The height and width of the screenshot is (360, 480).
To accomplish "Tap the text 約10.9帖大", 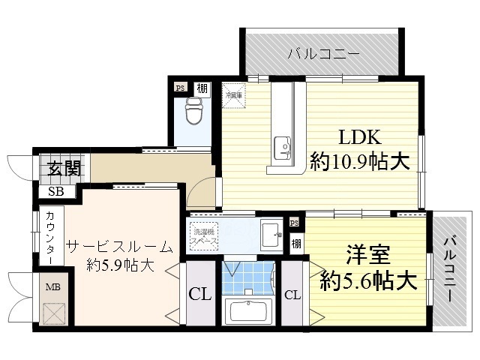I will click(x=360, y=160).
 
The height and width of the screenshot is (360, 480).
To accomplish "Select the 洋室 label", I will click(x=368, y=256).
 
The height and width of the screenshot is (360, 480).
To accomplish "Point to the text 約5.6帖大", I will click(x=367, y=281).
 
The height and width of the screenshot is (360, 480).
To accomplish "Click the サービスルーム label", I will click(x=119, y=247).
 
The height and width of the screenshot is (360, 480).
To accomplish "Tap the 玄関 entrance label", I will click(x=57, y=169).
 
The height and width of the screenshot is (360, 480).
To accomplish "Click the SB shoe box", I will click(x=56, y=192).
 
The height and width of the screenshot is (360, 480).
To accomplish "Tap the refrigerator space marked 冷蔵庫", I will click(x=232, y=94).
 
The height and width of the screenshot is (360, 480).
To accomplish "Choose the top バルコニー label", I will click(x=323, y=53).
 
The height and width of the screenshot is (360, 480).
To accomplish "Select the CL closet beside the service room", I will click(x=199, y=293).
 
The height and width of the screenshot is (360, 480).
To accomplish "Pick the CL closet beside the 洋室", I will click(x=292, y=295).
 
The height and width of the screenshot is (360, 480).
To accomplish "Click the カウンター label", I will click(x=49, y=237).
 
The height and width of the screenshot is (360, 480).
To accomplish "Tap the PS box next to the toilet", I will click(x=180, y=88).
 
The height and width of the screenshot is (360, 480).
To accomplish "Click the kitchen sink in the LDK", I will click(x=283, y=146).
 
